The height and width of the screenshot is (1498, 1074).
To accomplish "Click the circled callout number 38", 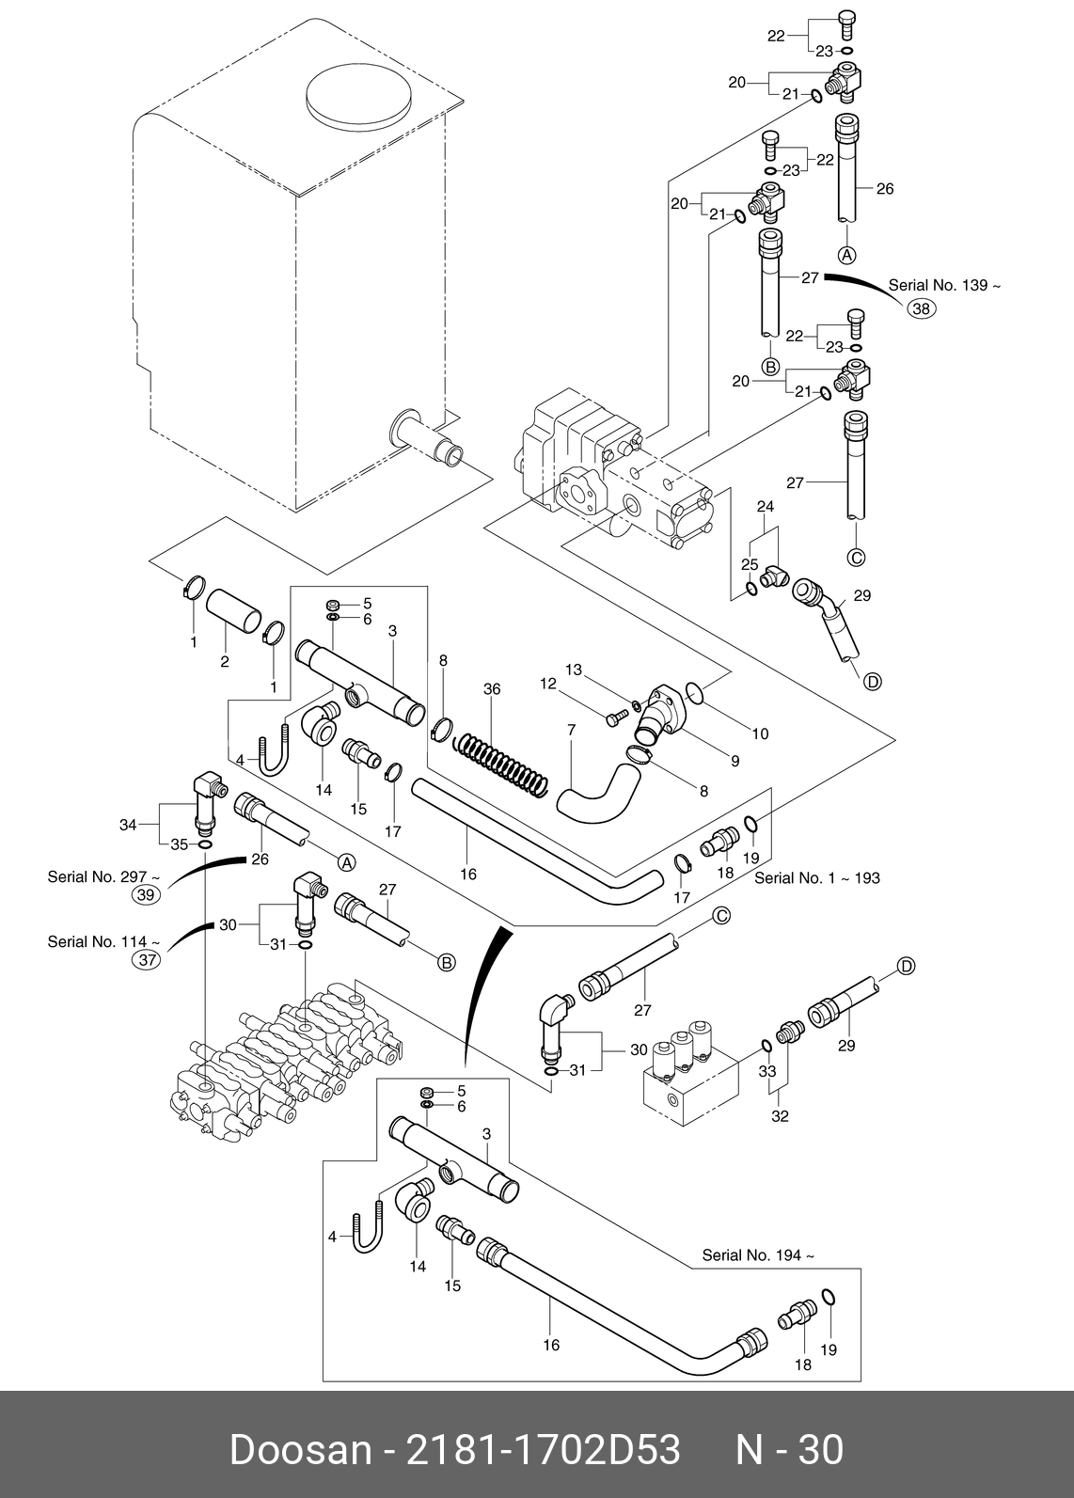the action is (x=922, y=308).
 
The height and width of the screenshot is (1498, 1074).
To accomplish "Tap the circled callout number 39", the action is (x=146, y=895).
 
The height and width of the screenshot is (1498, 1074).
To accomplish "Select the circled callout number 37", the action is (x=146, y=960).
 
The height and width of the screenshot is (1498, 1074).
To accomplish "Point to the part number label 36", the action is (x=492, y=688).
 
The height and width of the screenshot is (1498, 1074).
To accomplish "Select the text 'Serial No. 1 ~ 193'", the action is (x=816, y=877).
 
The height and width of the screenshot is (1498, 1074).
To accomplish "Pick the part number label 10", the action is (x=761, y=733).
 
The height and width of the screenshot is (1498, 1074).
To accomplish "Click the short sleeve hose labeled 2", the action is (x=233, y=610).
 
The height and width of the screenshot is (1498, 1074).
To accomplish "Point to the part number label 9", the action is (x=734, y=761).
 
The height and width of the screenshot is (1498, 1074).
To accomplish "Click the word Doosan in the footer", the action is (x=300, y=1450).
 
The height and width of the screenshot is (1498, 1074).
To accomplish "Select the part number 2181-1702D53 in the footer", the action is (x=543, y=1450).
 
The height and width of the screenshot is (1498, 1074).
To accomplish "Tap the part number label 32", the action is (x=780, y=1115).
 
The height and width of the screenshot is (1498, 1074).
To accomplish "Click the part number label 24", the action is (x=765, y=506).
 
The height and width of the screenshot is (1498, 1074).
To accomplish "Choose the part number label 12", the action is (x=548, y=684).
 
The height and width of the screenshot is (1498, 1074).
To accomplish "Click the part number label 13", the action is (x=574, y=670).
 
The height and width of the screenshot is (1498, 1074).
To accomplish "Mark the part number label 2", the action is (x=225, y=661).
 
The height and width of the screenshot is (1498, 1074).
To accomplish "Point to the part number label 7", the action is (x=571, y=731).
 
